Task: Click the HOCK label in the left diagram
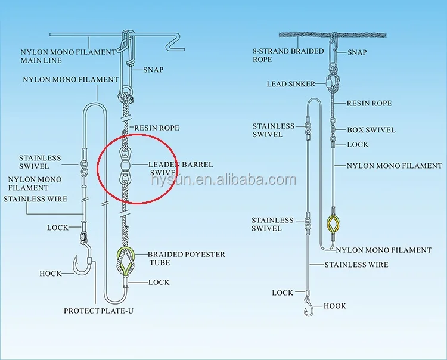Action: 50,274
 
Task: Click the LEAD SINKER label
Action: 290,85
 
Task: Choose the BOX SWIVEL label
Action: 371,130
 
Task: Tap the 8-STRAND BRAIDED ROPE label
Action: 288,55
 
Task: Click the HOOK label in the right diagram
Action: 334,306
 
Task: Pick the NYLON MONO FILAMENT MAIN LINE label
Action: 68,56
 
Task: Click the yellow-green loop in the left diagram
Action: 126,260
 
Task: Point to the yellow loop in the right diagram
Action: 334,224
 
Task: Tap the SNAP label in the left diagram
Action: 153,70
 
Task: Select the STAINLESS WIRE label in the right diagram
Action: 356,265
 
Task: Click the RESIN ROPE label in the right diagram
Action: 369,103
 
